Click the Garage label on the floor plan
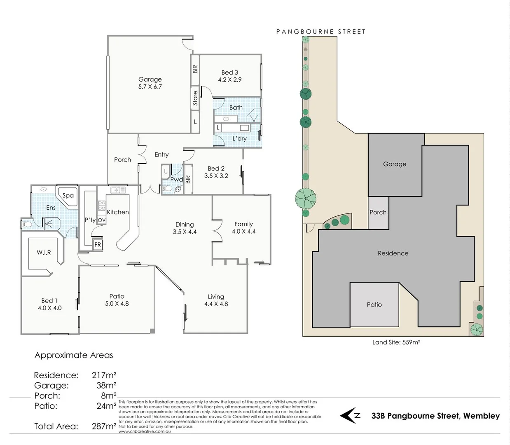pyautogui.click(x=150, y=79)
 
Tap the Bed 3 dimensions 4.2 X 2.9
pyautogui.click(x=230, y=80)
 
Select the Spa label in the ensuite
pyautogui.click(x=68, y=196)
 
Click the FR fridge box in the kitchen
pyautogui.click(x=98, y=244)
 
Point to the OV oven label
pyautogui.click(x=102, y=220)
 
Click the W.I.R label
pyautogui.click(x=44, y=252)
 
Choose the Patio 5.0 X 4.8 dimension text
pyautogui.click(x=117, y=304)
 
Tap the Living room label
pyautogui.click(x=216, y=297)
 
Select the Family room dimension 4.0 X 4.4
pyautogui.click(x=243, y=232)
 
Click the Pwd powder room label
pyautogui.click(x=177, y=180)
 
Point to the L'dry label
pyautogui.click(x=239, y=138)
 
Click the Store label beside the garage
pyautogui.click(x=195, y=98)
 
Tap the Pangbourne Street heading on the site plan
pyautogui.click(x=321, y=31)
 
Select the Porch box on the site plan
pyautogui.click(x=378, y=212)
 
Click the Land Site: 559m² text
pyautogui.click(x=396, y=342)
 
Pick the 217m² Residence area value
pyautogui.click(x=104, y=375)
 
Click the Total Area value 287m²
pyautogui.click(x=104, y=426)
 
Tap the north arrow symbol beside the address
pyautogui.click(x=350, y=415)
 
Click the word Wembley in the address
pyautogui.click(x=481, y=416)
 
